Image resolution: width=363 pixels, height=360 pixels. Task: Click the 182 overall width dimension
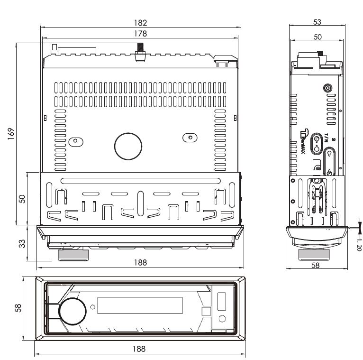(140, 22)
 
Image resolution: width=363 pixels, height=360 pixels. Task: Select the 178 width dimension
(140, 33)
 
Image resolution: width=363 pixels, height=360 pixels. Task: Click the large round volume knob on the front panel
(73, 311)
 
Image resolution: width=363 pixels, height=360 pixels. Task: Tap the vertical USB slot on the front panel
(221, 302)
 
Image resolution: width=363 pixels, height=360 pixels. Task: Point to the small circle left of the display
(92, 308)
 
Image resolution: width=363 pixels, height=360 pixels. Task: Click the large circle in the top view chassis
(128, 146)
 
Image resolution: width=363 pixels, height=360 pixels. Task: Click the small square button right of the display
(206, 312)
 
